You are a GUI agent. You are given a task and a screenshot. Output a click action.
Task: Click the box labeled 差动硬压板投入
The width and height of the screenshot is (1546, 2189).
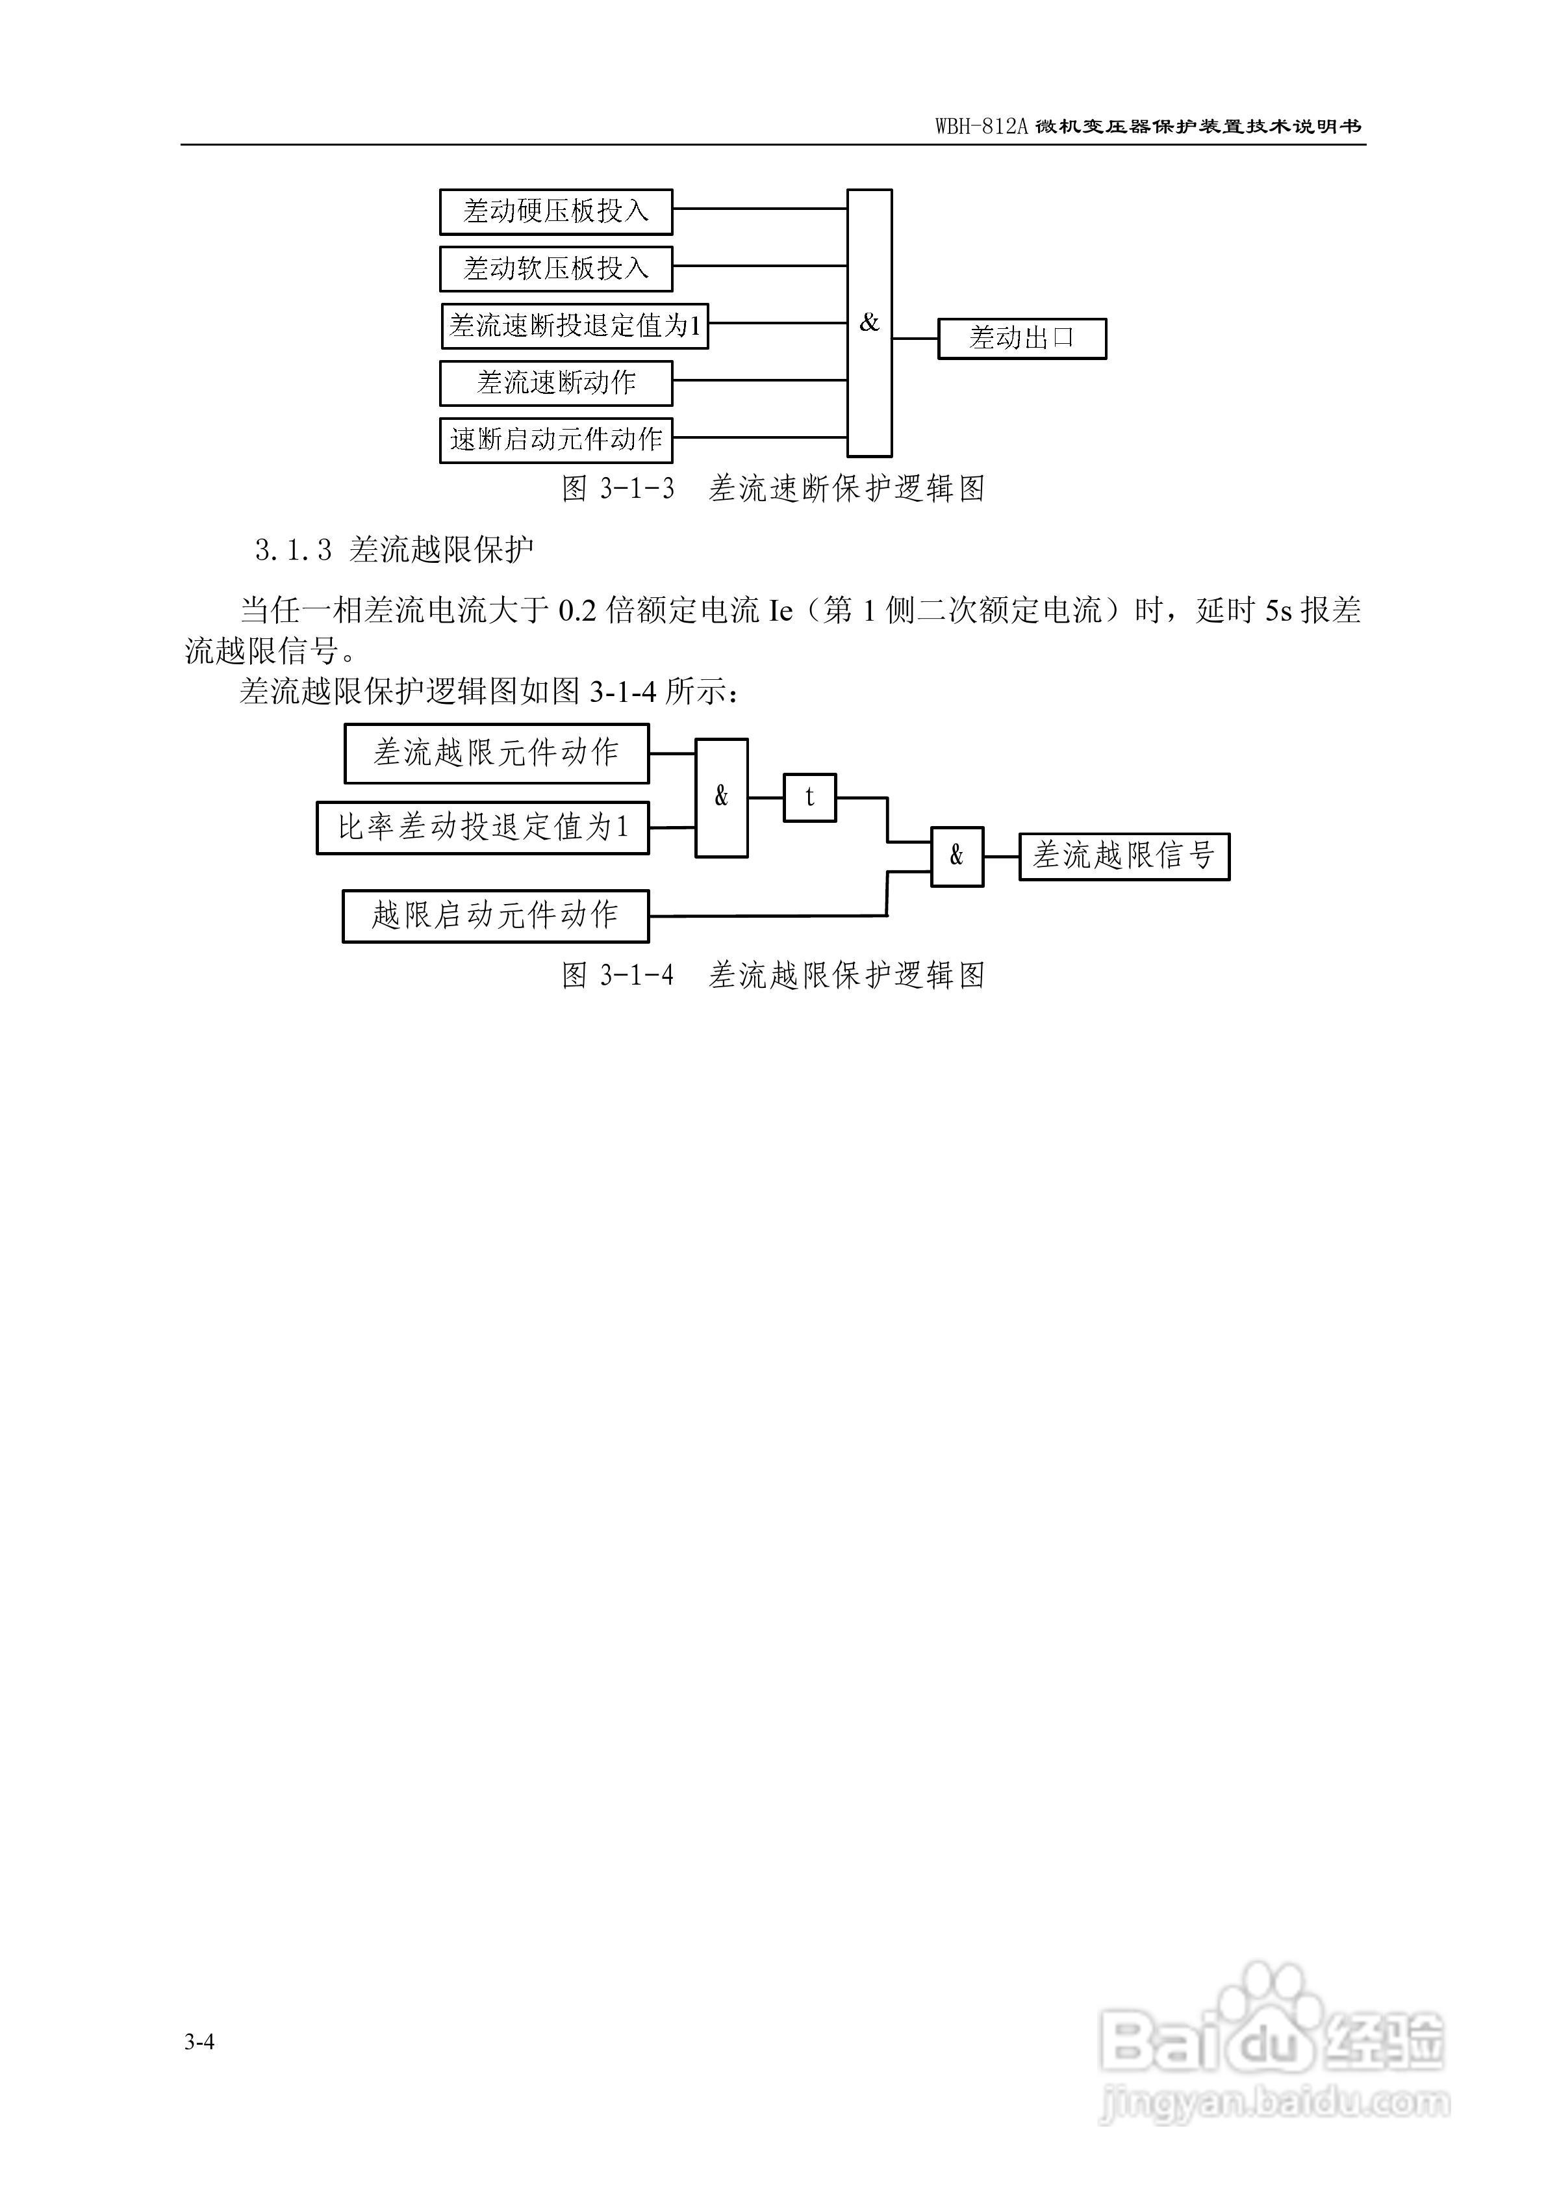pyautogui.click(x=555, y=212)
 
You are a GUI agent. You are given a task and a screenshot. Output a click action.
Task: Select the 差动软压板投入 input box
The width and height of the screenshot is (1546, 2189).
pyautogui.click(x=555, y=269)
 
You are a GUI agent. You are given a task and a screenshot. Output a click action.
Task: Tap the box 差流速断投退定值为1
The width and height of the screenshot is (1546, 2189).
pyautogui.click(x=575, y=326)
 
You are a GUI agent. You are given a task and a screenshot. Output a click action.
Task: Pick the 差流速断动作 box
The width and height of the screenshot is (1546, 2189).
pyautogui.click(x=555, y=383)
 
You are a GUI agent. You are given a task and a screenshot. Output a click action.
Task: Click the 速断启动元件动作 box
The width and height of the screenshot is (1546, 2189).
pyautogui.click(x=555, y=439)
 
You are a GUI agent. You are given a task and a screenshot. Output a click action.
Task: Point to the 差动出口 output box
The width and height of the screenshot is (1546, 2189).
pyautogui.click(x=1022, y=339)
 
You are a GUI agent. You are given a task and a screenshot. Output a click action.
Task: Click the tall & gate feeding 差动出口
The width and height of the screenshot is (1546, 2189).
pyautogui.click(x=869, y=323)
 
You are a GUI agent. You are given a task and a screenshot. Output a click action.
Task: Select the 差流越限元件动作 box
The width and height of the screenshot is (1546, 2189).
pyautogui.click(x=496, y=753)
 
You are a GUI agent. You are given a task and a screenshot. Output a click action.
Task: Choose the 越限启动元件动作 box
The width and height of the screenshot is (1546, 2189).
pyautogui.click(x=496, y=916)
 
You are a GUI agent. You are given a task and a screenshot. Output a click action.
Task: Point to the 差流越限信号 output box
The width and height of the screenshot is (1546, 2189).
pyautogui.click(x=1124, y=856)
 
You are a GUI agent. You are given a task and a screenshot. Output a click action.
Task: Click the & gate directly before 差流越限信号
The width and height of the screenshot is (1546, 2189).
pyautogui.click(x=957, y=856)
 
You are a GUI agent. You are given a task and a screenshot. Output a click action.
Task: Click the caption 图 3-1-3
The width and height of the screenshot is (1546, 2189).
pyautogui.click(x=618, y=489)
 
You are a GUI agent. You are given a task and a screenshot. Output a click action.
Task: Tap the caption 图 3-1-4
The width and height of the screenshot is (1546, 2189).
pyautogui.click(x=618, y=976)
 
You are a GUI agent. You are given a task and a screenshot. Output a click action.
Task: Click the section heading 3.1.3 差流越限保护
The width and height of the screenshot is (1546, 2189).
pyautogui.click(x=394, y=550)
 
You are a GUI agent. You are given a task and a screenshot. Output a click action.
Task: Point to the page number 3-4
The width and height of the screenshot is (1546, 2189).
pyautogui.click(x=199, y=2040)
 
